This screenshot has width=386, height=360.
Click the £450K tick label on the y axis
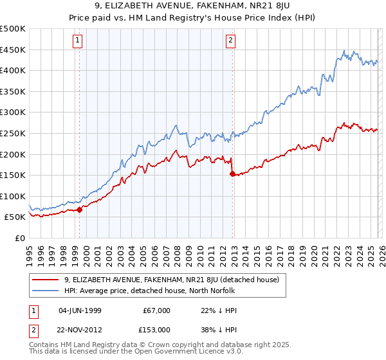click(x=13, y=50)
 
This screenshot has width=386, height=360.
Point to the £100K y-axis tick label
click(x=13, y=196)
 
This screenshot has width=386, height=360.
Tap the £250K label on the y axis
click(x=13, y=133)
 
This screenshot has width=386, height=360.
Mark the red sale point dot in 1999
click(x=79, y=210)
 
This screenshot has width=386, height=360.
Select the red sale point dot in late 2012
click(x=232, y=174)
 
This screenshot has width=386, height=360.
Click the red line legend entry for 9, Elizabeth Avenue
click(x=171, y=280)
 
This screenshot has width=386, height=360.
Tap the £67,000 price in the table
click(x=156, y=310)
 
